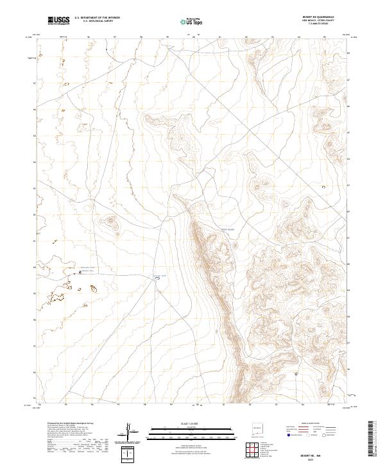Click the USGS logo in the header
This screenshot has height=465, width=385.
(x=58, y=21)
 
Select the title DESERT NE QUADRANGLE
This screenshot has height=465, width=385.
(x=319, y=17)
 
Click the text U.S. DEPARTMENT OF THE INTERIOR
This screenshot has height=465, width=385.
(x=98, y=18)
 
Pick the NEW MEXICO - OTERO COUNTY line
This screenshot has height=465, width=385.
(x=319, y=21)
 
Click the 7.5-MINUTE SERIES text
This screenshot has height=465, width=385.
(x=319, y=25)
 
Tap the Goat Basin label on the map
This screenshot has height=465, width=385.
(x=228, y=229)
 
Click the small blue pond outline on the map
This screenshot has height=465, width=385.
(x=156, y=278)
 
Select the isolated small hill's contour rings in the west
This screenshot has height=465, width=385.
(x=110, y=223)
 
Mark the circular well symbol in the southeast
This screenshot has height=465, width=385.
(x=296, y=373)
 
